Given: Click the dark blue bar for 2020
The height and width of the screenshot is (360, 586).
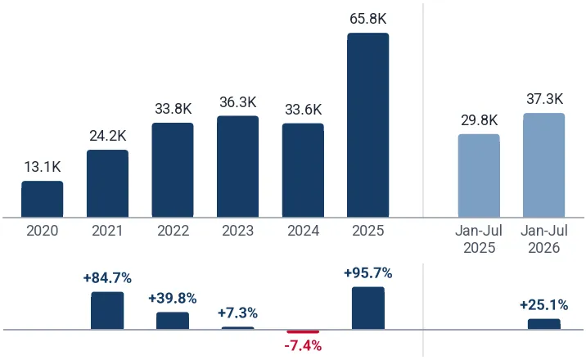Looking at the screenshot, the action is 43,199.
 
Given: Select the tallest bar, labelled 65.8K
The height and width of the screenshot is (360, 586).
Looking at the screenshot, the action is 368,125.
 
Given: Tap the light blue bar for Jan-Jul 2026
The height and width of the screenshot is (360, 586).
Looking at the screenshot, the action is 544,165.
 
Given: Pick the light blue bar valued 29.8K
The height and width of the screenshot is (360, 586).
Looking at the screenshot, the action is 479,176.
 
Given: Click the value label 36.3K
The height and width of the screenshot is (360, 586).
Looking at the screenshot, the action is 237,102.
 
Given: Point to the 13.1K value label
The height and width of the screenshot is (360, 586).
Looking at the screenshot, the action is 43,167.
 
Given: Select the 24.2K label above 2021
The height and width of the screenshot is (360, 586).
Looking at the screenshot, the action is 108,136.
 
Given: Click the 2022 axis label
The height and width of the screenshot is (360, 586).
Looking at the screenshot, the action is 173,231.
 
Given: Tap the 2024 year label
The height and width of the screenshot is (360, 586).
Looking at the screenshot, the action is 303,231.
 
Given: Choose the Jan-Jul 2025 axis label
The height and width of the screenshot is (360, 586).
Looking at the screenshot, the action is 479,239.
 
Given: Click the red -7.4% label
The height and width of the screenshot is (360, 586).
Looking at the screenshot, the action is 303,346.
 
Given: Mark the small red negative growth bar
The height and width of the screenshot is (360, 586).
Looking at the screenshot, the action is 303,331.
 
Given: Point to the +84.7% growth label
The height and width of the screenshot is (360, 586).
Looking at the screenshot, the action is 108,278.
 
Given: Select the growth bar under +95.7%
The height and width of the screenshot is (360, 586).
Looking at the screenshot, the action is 368,308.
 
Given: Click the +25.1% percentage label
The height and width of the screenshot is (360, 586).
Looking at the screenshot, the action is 544,305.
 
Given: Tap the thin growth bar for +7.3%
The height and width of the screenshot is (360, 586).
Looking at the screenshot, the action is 237,328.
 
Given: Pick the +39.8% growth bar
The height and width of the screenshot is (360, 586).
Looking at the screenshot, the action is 173,321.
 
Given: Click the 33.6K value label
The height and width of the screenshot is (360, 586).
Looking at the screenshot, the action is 303,110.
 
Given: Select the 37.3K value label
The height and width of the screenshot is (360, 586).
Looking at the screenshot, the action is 544,99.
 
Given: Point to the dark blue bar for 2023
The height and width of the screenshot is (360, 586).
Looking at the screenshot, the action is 237,167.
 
